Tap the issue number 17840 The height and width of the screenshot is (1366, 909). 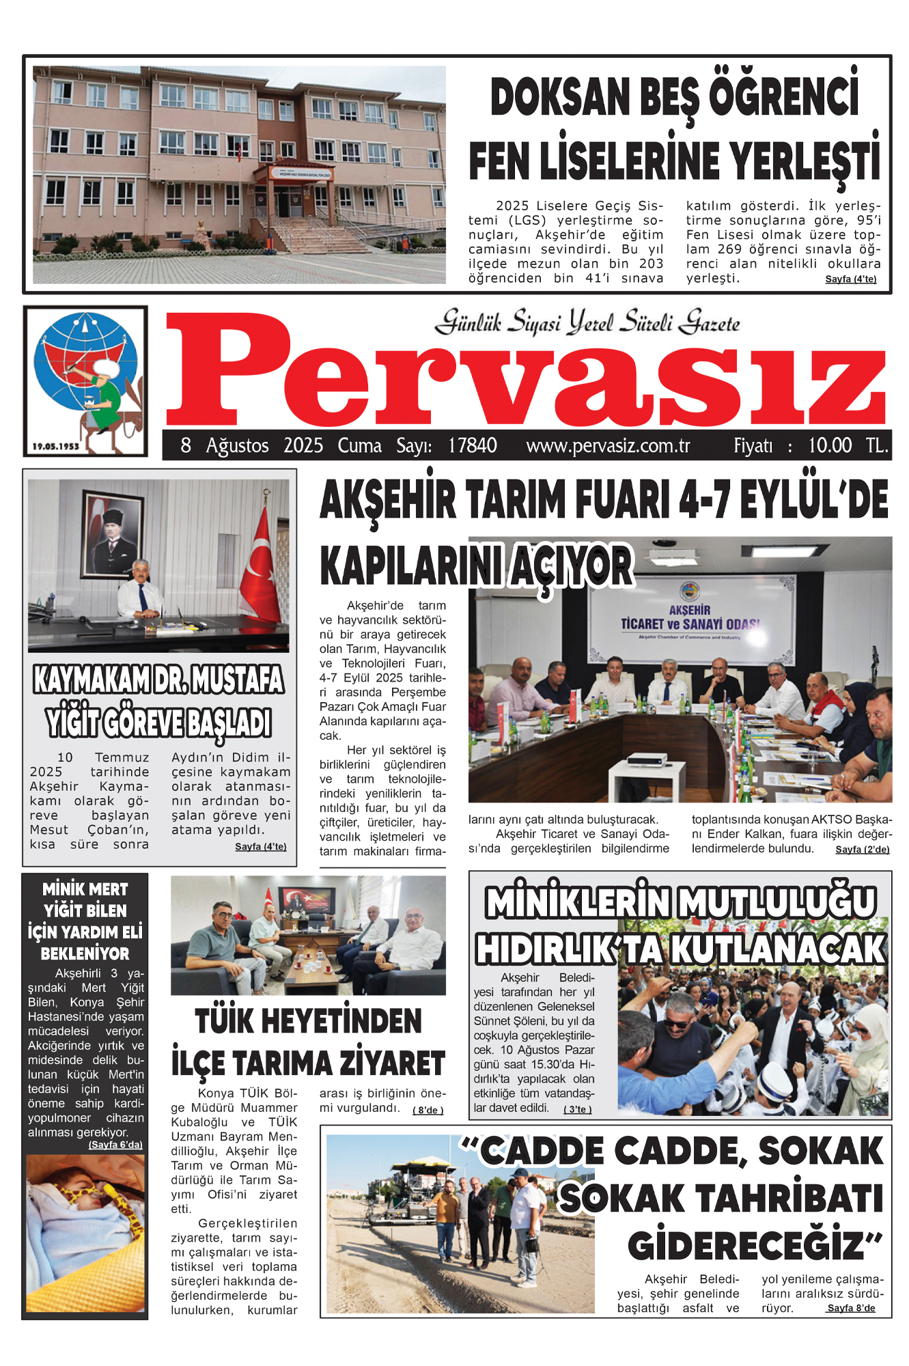pyautogui.click(x=472, y=446)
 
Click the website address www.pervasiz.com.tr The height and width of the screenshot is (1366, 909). pyautogui.click(x=608, y=446)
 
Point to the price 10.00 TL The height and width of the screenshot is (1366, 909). pyautogui.click(x=848, y=446)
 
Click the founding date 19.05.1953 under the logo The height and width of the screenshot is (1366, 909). pyautogui.click(x=56, y=446)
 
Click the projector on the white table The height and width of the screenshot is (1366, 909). pyautogui.click(x=645, y=759)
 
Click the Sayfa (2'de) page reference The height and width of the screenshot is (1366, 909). pyautogui.click(x=862, y=850)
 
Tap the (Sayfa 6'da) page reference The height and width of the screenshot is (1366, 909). pyautogui.click(x=115, y=1145)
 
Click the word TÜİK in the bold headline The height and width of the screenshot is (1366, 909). pyautogui.click(x=226, y=1022)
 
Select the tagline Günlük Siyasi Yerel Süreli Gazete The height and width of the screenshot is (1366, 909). pyautogui.click(x=587, y=322)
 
